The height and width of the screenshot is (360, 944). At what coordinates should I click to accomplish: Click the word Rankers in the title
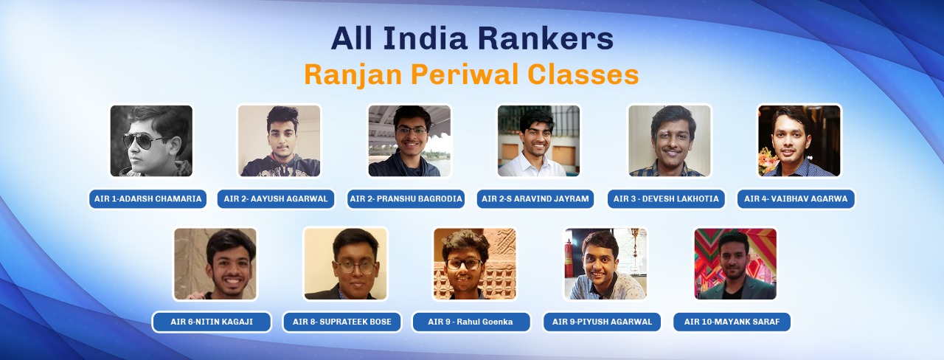point(546,38)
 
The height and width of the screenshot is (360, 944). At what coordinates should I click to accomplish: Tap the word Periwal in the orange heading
point(465,75)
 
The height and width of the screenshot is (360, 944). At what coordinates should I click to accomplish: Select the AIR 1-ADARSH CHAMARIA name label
point(147,199)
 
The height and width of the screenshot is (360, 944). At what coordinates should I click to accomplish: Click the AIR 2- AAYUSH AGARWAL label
point(276,199)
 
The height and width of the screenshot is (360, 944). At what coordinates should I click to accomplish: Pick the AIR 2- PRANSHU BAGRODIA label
point(406,199)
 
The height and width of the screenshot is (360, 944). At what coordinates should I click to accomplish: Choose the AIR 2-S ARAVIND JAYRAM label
point(535,199)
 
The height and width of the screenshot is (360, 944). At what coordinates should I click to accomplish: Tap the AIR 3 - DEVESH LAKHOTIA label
point(666,199)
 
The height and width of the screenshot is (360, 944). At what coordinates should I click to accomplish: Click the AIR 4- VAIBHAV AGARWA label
point(796,199)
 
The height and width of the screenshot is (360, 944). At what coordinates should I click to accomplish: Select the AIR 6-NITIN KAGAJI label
point(212,322)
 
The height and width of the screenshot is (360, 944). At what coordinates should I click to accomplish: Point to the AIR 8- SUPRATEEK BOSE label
point(341,322)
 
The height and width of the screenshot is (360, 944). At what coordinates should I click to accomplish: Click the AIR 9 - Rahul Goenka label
point(471,322)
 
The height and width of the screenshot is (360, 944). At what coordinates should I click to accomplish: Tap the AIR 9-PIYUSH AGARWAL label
point(602,322)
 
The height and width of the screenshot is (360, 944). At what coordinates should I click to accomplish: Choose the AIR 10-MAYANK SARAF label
point(732,322)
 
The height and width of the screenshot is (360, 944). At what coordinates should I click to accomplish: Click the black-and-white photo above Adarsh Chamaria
point(151,141)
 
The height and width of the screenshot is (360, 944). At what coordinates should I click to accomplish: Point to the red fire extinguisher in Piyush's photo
point(569,258)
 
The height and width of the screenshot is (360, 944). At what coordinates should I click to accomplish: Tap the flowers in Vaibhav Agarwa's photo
point(768,162)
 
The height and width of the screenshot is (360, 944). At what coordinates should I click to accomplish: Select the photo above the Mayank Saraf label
point(735,264)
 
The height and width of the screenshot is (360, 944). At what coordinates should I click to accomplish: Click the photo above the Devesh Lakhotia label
point(669,141)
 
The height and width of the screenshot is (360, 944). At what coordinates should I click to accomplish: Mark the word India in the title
point(426,38)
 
